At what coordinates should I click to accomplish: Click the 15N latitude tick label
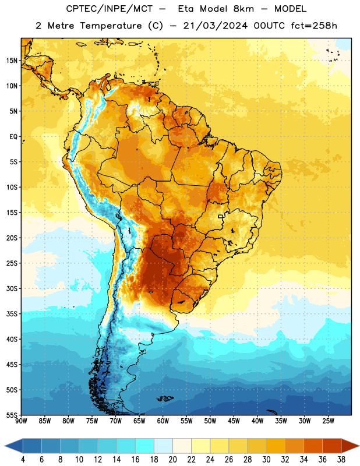[12, 61]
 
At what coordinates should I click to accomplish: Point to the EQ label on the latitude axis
[13, 137]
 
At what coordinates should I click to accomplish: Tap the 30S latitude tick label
[12, 288]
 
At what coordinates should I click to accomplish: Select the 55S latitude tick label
[12, 415]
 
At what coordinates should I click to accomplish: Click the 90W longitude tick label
[21, 421]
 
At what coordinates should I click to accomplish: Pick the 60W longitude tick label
[163, 421]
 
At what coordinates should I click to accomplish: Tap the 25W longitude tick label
[328, 421]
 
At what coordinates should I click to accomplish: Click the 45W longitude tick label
[234, 421]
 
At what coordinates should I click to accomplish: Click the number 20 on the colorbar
[172, 460]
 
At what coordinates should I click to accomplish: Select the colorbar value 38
[341, 460]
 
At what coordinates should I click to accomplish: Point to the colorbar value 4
[23, 460]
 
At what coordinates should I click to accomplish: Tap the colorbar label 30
[266, 460]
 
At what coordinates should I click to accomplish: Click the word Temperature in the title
[111, 26]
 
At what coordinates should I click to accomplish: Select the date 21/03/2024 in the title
[215, 26]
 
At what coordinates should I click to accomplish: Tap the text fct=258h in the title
[314, 26]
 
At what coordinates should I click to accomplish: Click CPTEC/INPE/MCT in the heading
[110, 9]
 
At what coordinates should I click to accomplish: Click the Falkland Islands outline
[165, 398]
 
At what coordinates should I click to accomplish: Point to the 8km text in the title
[243, 9]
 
